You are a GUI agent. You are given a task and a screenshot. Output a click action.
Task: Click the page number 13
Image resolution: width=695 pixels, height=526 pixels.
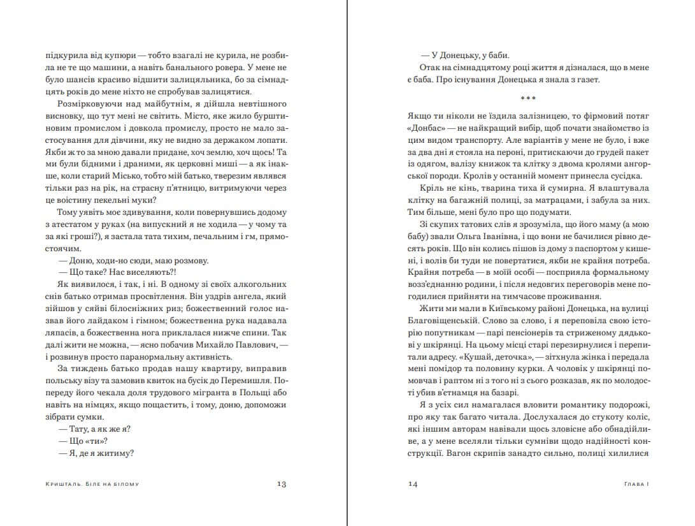point(282,484)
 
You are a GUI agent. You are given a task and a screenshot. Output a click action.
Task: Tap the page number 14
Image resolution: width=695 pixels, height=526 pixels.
point(412,484)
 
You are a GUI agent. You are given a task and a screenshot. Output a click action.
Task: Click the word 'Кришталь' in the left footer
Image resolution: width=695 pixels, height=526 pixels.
point(57,484)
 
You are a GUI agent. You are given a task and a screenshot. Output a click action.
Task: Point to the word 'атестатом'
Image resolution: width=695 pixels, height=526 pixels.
point(84,224)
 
